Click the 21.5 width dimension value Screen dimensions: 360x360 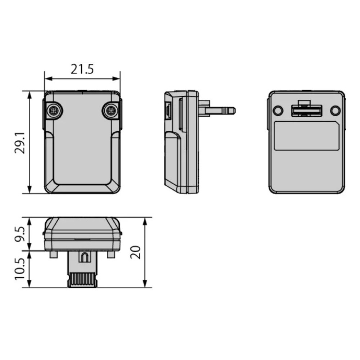[82, 69]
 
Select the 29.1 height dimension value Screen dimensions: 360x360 [20, 142]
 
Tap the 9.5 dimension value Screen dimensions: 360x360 [20, 234]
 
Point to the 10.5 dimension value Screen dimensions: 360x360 [20, 269]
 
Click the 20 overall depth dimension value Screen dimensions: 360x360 [136, 252]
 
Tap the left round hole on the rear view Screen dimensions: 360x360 [278, 111]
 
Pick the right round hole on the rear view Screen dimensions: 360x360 [335, 111]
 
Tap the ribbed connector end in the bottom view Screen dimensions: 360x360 [82, 280]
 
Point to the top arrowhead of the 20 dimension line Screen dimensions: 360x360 [145, 220]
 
